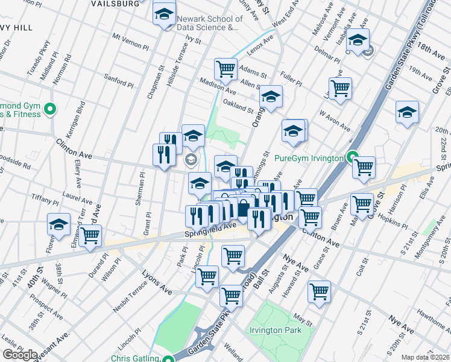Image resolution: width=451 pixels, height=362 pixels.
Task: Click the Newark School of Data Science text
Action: pyautogui.click(x=209, y=23)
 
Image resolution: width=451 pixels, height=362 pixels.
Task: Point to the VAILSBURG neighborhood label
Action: pyautogui.click(x=116, y=3)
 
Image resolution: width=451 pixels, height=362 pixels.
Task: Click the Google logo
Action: pyautogui.click(x=20, y=355)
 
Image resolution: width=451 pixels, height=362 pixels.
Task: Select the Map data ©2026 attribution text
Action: pyautogui.click(x=426, y=357)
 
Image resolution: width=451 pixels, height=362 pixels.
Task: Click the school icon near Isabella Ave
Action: pyautogui.click(x=358, y=40)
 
